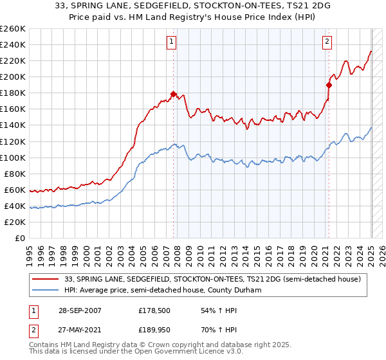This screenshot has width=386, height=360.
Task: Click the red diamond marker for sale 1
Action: pos(174,94)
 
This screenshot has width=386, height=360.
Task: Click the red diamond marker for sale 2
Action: pos(329,84)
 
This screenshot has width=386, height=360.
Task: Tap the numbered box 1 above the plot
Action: pos(172,42)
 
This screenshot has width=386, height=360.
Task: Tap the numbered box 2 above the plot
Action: pos(327,42)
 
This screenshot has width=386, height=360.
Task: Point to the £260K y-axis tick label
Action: pos(12,29)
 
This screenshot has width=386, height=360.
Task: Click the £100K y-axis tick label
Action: pos(12,157)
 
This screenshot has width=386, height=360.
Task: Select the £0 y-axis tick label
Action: pos(21,239)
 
